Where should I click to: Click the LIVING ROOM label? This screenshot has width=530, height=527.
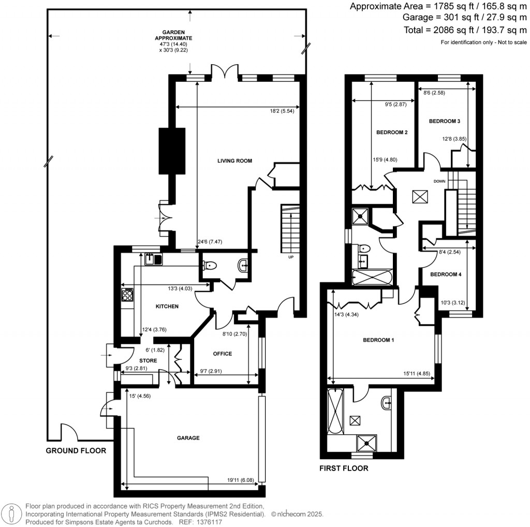pyautogui.click(x=234, y=161)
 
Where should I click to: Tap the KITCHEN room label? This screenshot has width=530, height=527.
pyautogui.click(x=167, y=306)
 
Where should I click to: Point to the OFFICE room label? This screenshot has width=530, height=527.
pyautogui.click(x=222, y=354)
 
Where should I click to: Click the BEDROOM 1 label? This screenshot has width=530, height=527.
pyautogui.click(x=378, y=340)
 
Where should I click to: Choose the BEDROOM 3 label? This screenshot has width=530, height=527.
pyautogui.click(x=445, y=121)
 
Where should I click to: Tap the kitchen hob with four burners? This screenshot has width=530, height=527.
pyautogui.click(x=127, y=296)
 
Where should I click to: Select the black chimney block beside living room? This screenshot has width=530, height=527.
pyautogui.click(x=172, y=150)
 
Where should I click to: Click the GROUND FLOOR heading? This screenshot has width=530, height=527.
pyautogui.click(x=76, y=451)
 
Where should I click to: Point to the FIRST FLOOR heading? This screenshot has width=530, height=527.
pyautogui.click(x=343, y=469)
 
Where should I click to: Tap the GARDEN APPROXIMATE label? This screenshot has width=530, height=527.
pyautogui.click(x=174, y=35)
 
